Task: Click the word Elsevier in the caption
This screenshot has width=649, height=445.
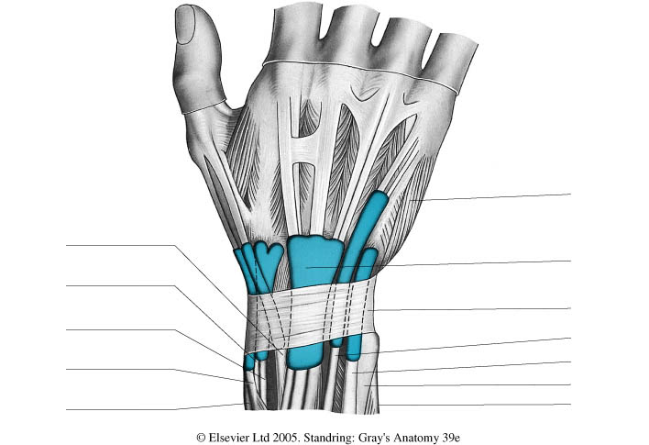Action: [242, 439]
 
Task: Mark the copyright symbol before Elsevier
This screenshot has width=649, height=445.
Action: [203, 439]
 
